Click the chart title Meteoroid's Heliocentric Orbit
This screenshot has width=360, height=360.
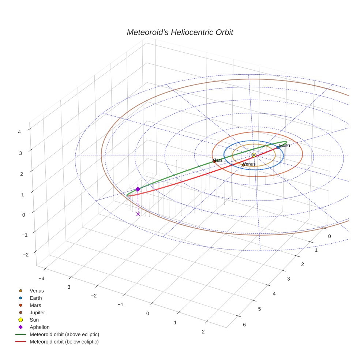[x=180, y=32]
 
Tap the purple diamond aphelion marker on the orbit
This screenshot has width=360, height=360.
[x=138, y=189]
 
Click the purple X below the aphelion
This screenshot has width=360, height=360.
[x=138, y=214]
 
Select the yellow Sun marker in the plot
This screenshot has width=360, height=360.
[x=254, y=155]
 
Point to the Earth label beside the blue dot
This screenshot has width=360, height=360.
[x=285, y=145]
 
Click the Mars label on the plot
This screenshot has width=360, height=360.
[x=218, y=160]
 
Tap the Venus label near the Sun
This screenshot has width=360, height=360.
[x=250, y=164]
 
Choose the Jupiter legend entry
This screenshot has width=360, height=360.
[x=37, y=312]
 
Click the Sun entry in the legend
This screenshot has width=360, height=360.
[x=34, y=320]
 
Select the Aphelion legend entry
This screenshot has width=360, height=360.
[x=40, y=327]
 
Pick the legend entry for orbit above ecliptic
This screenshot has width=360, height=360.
[x=64, y=334]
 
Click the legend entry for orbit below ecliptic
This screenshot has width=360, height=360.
[x=64, y=342]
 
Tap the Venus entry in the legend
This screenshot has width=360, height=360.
[x=37, y=290]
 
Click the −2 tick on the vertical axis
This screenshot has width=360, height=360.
[x=25, y=254]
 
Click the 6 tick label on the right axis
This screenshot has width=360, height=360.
[x=244, y=325]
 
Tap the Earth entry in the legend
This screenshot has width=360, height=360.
[x=35, y=298]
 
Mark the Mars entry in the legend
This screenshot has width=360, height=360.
[x=35, y=305]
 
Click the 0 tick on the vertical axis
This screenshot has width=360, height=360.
[x=23, y=215]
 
